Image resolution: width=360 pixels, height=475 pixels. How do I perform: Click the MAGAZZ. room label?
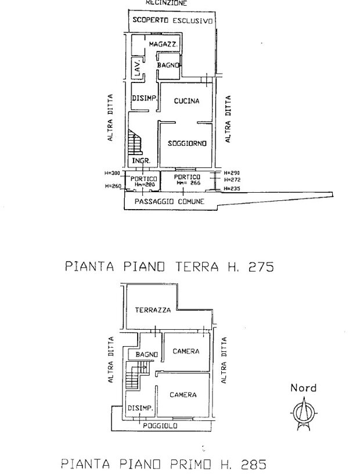[163, 44]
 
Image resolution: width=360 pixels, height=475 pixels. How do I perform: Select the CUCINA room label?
[186, 101]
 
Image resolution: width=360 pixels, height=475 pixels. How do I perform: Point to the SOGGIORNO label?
[187, 143]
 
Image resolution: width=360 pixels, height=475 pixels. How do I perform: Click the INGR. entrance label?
[141, 160]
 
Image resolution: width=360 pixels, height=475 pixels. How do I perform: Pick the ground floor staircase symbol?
[134, 142]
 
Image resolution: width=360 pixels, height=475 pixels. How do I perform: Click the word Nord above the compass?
[303, 388]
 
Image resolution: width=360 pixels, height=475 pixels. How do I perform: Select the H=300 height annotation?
[112, 173]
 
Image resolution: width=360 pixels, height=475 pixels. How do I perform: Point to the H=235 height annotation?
[232, 188]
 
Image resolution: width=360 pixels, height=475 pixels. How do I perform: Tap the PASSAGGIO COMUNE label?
[170, 201]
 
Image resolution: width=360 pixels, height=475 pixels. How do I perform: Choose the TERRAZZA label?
[153, 310]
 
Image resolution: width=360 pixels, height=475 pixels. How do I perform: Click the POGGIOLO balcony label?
[160, 426]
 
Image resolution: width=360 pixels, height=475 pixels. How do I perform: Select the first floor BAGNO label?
[147, 354]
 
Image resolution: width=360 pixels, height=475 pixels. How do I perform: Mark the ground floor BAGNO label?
[168, 65]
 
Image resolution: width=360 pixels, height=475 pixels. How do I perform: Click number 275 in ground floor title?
[261, 267]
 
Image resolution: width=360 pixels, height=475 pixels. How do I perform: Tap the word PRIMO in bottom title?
[190, 464]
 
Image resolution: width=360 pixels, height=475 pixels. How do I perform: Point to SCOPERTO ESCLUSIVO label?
[172, 20]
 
